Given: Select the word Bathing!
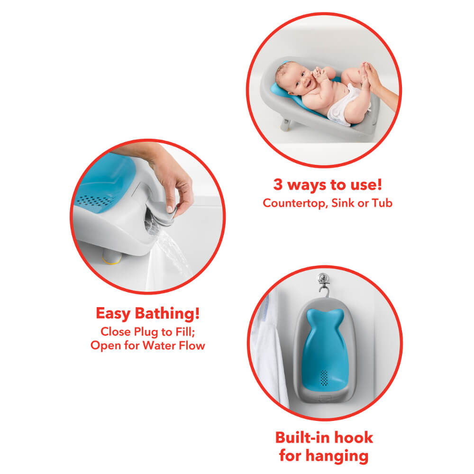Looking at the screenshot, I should (169, 314).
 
